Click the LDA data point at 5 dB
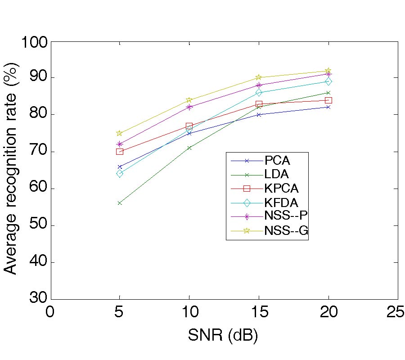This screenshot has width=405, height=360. (x=120, y=203)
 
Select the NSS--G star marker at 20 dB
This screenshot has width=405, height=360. (x=328, y=71)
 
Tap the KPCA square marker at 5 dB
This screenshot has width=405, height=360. (x=120, y=151)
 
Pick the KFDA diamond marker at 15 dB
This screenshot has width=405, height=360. (x=259, y=92)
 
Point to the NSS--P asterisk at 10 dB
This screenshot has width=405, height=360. (x=189, y=107)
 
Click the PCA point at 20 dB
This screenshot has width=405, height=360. (x=328, y=107)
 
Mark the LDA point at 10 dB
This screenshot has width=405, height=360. (x=189, y=148)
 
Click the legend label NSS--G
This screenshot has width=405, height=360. (x=286, y=231)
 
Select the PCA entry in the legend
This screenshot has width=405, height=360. (x=277, y=161)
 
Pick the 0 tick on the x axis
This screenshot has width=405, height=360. (x=51, y=312)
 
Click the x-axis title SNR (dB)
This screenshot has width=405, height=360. (x=223, y=335)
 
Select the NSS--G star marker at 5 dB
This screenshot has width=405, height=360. (x=120, y=133)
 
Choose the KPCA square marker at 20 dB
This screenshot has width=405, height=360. (x=328, y=100)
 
